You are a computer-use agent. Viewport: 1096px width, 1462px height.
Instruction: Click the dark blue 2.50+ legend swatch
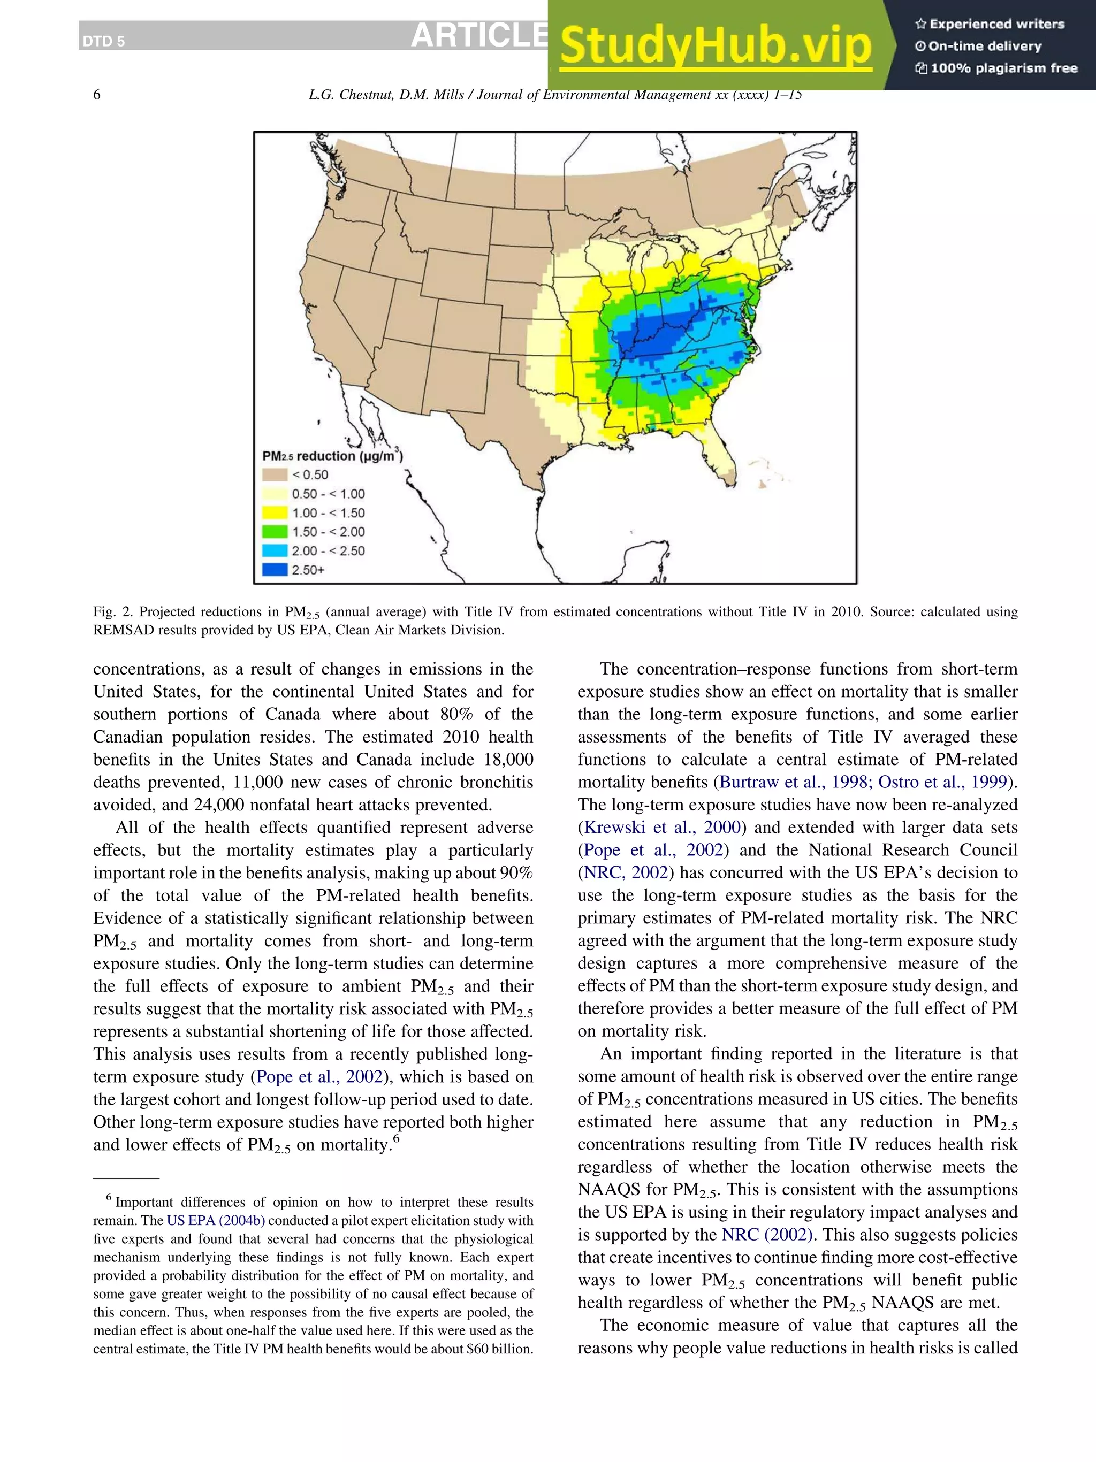pyautogui.click(x=275, y=570)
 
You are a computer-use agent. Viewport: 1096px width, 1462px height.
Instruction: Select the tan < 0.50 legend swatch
pyautogui.click(x=275, y=474)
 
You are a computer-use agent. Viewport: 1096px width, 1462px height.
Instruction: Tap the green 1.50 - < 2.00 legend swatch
pyautogui.click(x=275, y=531)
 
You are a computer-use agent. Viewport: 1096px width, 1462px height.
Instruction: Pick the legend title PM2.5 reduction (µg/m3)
pyautogui.click(x=332, y=455)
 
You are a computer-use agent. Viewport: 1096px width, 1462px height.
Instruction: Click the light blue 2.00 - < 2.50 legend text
pyautogui.click(x=328, y=550)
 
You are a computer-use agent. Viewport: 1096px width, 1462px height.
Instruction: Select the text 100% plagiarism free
pyautogui.click(x=1003, y=68)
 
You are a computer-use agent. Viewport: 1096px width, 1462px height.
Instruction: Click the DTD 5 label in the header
pyautogui.click(x=103, y=42)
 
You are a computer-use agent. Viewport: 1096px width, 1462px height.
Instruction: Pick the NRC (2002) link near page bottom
pyautogui.click(x=767, y=1235)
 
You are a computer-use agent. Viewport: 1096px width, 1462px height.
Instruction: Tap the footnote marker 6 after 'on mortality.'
pyautogui.click(x=397, y=1138)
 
